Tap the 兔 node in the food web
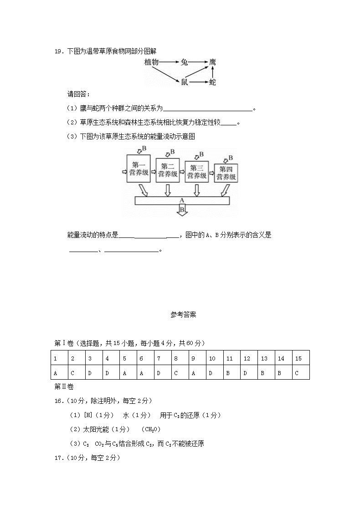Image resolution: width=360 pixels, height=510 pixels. tap(184, 62)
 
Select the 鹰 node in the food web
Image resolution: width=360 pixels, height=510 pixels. tap(213, 62)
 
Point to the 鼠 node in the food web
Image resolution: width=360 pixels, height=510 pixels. tap(184, 82)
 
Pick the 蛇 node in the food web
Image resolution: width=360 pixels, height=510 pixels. tap(213, 82)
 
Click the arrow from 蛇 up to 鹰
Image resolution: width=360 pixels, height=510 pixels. tap(213, 72)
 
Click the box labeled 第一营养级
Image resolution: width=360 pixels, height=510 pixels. tap(138, 169)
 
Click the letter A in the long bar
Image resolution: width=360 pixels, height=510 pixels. tap(182, 200)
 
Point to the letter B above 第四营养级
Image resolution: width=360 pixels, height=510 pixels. tap(231, 158)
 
